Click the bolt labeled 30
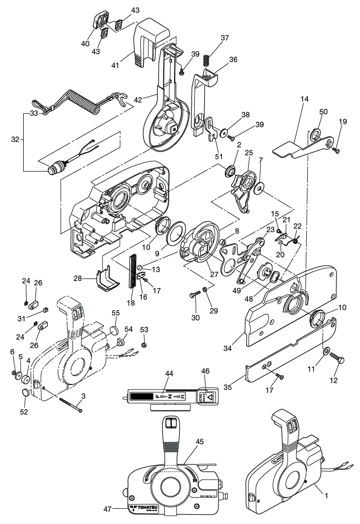pyautogui.click(x=194, y=295)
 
